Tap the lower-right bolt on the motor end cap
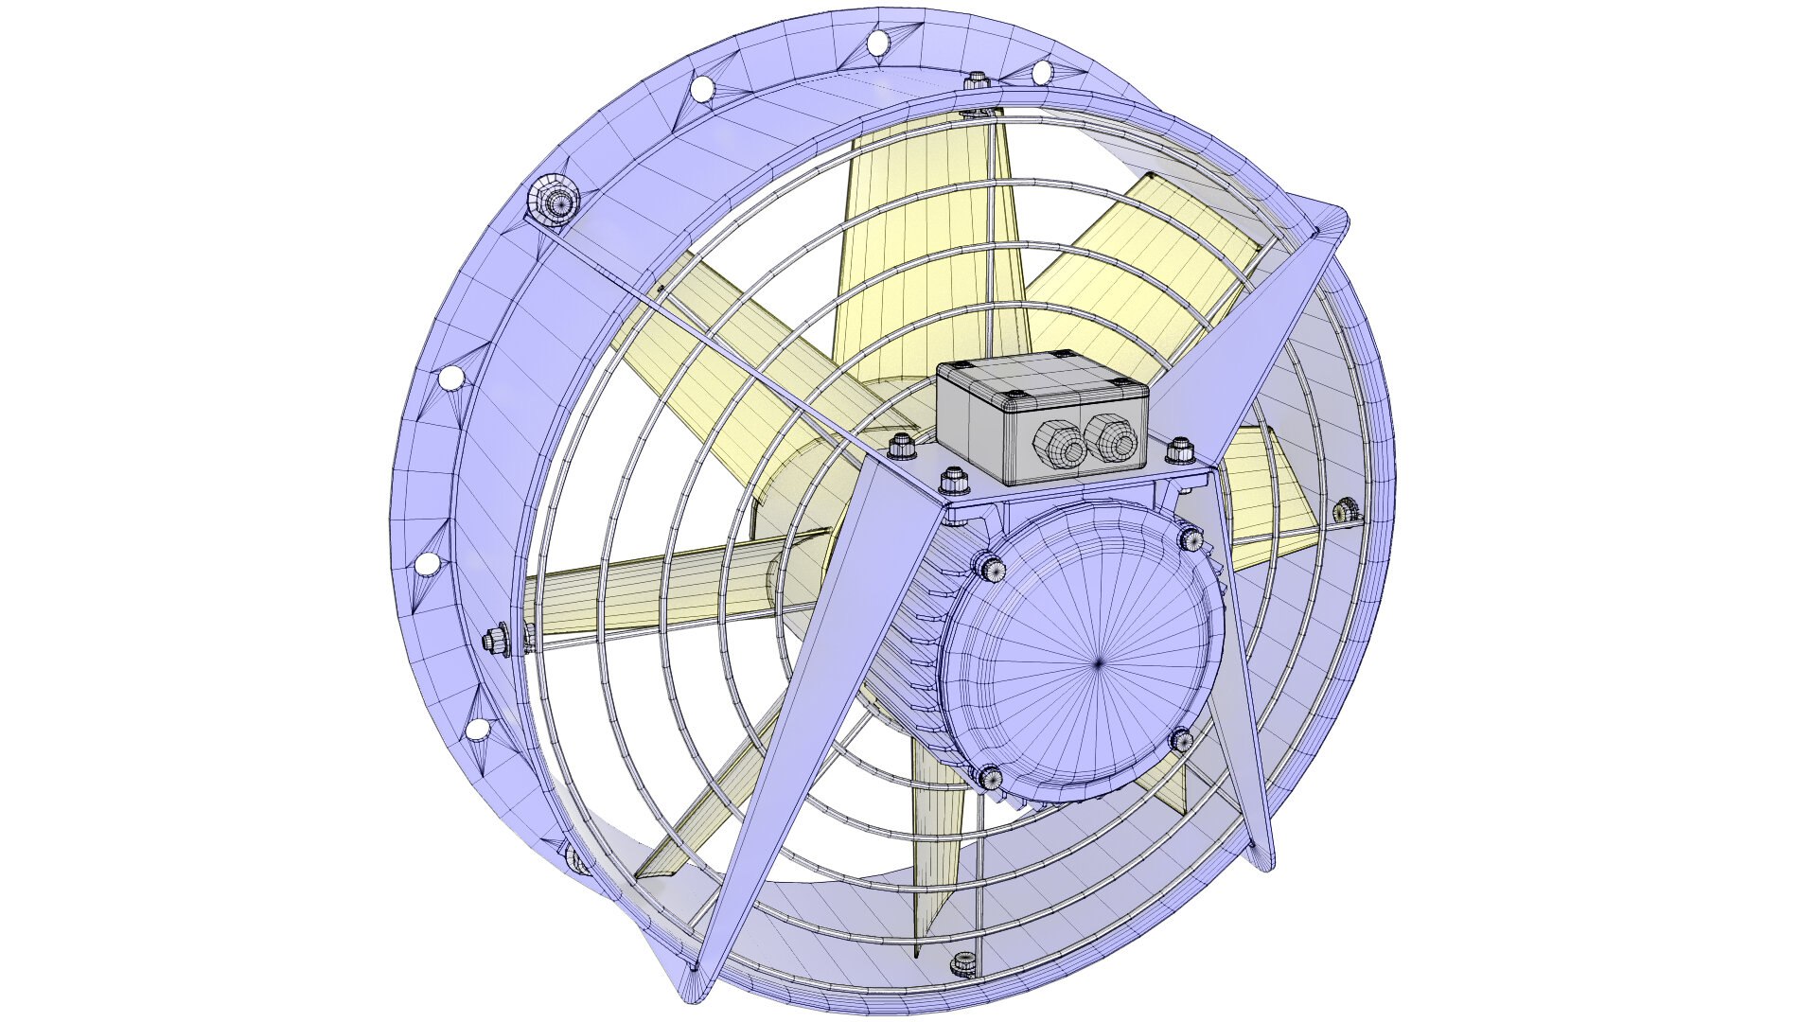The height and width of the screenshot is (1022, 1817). tap(1180, 739)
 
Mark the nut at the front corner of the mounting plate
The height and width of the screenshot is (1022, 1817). tap(954, 482)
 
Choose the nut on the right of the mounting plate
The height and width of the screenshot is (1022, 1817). tap(1179, 451)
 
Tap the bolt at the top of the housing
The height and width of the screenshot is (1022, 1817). tap(976, 83)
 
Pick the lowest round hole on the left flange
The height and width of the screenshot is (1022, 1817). tap(479, 730)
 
